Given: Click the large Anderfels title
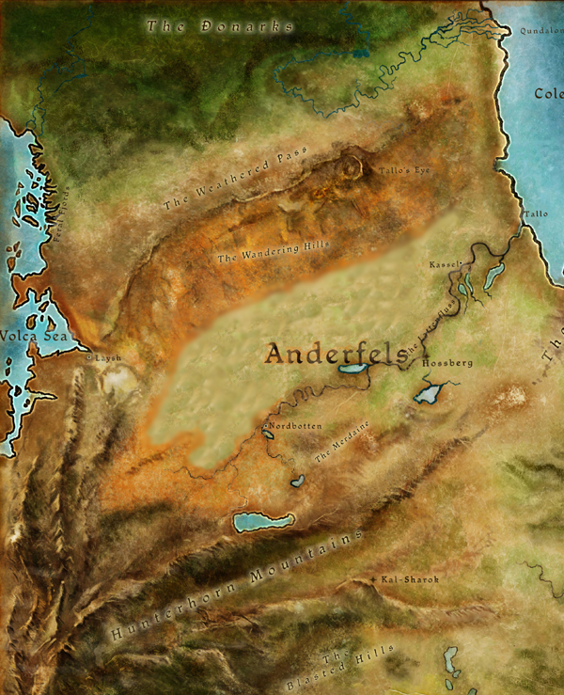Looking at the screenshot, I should pyautogui.click(x=334, y=353).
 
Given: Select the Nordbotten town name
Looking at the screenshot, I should pyautogui.click(x=292, y=426).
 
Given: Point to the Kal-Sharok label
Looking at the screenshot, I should pyautogui.click(x=411, y=579).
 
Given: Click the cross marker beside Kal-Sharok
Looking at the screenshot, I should pyautogui.click(x=375, y=579).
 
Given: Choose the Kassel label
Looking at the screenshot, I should pyautogui.click(x=445, y=265).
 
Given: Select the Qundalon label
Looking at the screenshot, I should pyautogui.click(x=540, y=30).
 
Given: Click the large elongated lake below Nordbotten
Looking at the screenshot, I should pyautogui.click(x=262, y=521).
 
